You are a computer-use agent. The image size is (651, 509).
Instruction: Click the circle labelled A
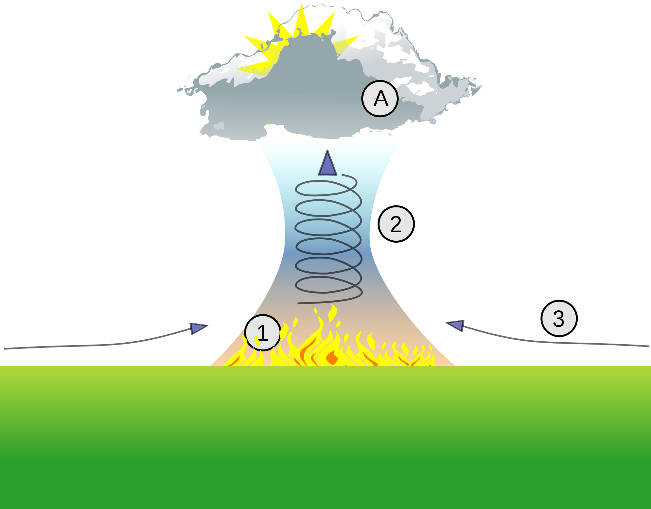[x=380, y=98]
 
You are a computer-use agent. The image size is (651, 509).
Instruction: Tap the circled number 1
[x=263, y=332]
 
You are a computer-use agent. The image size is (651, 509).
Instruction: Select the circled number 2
[x=396, y=224]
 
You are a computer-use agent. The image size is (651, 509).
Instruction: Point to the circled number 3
[x=559, y=318]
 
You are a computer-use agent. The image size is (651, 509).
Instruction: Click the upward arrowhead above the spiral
[x=327, y=163]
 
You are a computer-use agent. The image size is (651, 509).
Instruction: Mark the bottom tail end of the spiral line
[x=298, y=303]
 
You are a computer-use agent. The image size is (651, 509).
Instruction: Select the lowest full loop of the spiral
[x=328, y=285]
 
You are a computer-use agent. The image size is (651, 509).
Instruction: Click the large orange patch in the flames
[x=332, y=357]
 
